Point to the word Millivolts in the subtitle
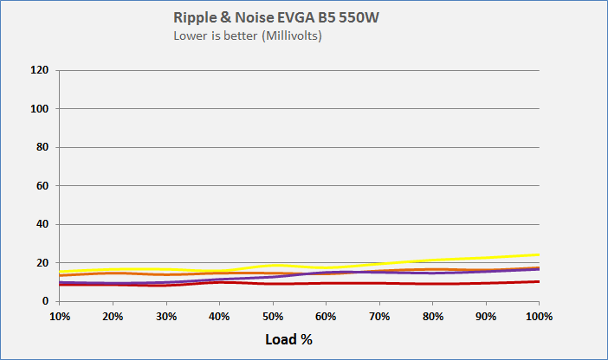[287, 36]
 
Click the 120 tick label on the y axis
[40, 70]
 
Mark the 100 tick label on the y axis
[40, 109]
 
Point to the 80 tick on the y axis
[42, 147]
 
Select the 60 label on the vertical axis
[42, 186]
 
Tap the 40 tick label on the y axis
[42, 224]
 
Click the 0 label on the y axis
[45, 301]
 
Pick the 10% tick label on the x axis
[59, 317]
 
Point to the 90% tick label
[485, 317]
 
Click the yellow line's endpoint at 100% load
[539, 254]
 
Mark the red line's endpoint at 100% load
[539, 281]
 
